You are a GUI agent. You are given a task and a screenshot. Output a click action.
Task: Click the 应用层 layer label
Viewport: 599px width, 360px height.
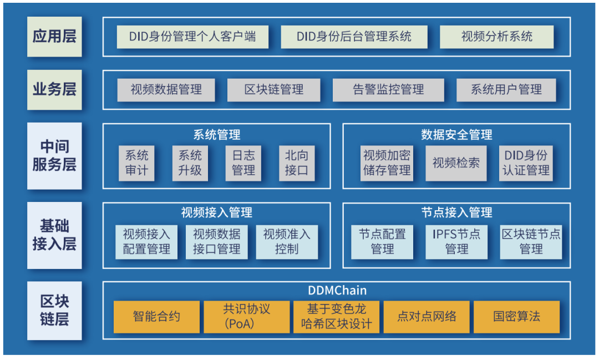pos(54,37)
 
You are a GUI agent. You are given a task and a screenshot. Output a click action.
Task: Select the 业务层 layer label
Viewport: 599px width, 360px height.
pos(54,89)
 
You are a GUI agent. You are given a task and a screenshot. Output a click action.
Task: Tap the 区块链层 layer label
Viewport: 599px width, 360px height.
pos(54,311)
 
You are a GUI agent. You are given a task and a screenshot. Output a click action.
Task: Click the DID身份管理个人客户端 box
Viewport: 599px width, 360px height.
pos(192,37)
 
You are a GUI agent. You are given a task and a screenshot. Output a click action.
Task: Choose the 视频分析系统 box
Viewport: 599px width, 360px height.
pos(496,37)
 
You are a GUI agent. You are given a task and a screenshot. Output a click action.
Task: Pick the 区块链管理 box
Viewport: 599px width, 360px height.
pos(273,90)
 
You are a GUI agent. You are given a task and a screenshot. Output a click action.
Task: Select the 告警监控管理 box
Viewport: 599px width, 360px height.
pos(388,90)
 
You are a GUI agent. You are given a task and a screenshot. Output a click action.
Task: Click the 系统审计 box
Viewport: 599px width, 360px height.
pos(136,163)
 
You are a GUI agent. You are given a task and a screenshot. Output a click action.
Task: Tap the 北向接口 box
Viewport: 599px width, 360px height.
pos(296,163)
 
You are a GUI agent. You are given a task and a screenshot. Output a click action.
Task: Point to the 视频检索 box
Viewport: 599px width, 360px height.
pos(456,163)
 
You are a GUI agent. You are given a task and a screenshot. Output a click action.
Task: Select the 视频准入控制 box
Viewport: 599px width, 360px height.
pos(287,242)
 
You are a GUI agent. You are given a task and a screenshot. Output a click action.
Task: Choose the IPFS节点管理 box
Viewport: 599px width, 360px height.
pos(456,242)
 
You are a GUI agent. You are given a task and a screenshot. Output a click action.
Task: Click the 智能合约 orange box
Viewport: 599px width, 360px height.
pos(156,317)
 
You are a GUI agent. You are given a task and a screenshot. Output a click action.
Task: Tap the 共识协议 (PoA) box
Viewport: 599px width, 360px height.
pos(246,317)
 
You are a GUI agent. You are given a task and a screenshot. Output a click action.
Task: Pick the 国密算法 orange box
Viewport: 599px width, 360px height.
pos(516,317)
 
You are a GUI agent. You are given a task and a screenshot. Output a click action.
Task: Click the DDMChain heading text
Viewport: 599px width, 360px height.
pos(337,290)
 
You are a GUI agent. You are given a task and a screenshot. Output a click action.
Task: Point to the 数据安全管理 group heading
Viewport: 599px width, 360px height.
pos(456,134)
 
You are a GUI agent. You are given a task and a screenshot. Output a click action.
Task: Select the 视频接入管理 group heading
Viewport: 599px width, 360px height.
pos(217,212)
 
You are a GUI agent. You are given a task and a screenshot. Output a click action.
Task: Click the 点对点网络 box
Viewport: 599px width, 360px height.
pos(427,317)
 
